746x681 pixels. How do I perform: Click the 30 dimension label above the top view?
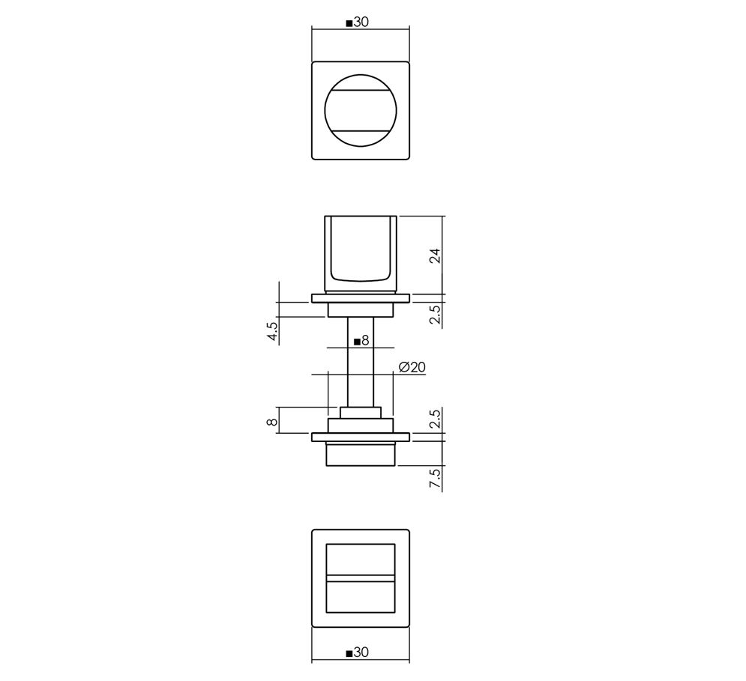tap(361, 22)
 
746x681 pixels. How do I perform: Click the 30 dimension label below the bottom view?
tap(361, 652)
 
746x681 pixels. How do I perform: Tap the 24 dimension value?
tap(436, 256)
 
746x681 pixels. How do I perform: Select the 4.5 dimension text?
tap(273, 331)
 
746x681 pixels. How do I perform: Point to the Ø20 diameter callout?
tap(412, 366)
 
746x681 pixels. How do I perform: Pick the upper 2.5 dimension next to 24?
tap(436, 315)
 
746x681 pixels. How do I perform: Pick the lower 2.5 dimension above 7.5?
tap(436, 419)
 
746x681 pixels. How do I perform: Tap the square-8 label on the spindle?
tap(361, 340)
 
